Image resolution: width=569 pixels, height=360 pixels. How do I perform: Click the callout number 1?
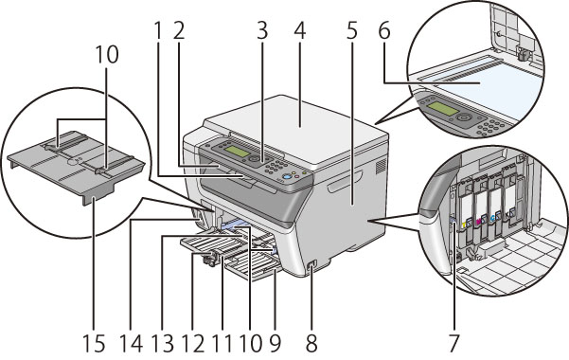pyautogui.click(x=158, y=30)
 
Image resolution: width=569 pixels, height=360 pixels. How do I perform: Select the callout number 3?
pyautogui.click(x=262, y=30)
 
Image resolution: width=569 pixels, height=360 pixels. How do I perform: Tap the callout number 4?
pyautogui.click(x=300, y=30)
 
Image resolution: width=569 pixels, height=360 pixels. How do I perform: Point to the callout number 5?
pyautogui.click(x=351, y=30)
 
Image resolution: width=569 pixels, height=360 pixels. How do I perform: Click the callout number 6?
pyautogui.click(x=384, y=30)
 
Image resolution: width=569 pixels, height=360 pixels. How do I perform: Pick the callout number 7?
pyautogui.click(x=453, y=343)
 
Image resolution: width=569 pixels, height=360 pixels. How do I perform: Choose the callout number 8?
pyautogui.click(x=311, y=343)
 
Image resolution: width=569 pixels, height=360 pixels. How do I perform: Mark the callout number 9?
pyautogui.click(x=275, y=343)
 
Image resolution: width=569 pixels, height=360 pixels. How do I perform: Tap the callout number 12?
pyautogui.click(x=194, y=343)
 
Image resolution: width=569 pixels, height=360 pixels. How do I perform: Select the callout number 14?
pyautogui.click(x=132, y=343)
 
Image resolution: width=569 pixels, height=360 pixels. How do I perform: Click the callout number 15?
pyautogui.click(x=94, y=343)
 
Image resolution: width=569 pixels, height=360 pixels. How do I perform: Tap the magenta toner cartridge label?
pyautogui.click(x=483, y=220)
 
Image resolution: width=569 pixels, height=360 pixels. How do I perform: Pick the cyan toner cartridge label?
pyautogui.click(x=493, y=218)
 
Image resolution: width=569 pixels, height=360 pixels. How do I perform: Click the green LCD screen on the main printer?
pyautogui.click(x=235, y=152)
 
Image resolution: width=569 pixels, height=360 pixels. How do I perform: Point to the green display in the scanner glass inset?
pyautogui.click(x=443, y=109)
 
